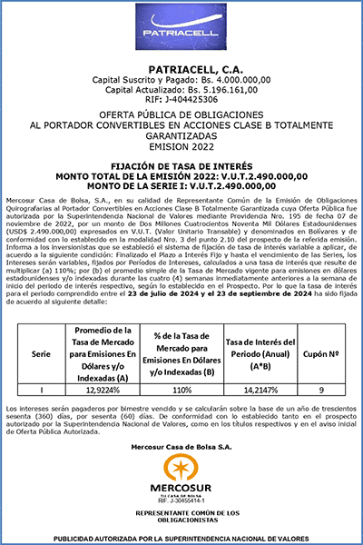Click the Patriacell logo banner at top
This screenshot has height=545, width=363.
coord(181,31)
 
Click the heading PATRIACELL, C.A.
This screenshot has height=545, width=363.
coord(181,69)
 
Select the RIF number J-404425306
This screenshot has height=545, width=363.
coord(181,99)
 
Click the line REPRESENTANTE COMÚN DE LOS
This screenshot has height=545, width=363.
coord(181,511)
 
